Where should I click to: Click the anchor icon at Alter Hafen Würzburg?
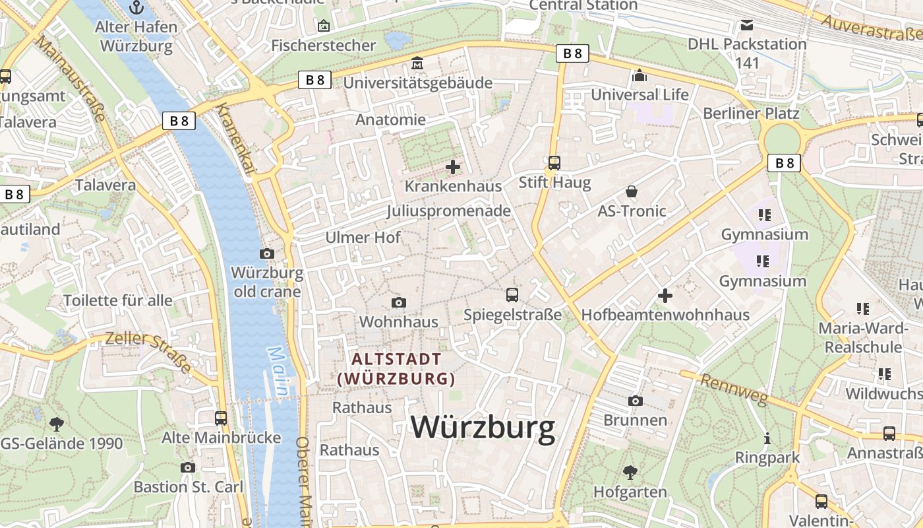tap(136, 8)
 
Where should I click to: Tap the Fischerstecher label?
tap(323, 46)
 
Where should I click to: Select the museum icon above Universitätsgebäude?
tap(417, 64)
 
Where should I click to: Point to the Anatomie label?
tap(390, 120)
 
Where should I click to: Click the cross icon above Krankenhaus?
tap(453, 167)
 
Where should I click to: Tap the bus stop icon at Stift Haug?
tap(554, 162)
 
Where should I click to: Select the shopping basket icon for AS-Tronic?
tap(632, 192)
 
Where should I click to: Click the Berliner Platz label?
tap(751, 114)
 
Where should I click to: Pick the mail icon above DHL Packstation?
tap(747, 25)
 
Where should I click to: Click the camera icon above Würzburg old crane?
tap(267, 253)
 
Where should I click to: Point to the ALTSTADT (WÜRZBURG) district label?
tap(396, 369)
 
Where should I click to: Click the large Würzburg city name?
tap(483, 428)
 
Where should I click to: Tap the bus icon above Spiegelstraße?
tap(512, 295)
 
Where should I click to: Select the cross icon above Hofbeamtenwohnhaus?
tap(665, 296)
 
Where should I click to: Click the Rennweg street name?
tap(734, 389)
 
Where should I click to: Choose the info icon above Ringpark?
tap(767, 438)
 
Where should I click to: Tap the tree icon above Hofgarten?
tap(630, 472)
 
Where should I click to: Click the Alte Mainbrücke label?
tap(222, 438)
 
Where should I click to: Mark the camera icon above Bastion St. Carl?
tap(188, 467)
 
